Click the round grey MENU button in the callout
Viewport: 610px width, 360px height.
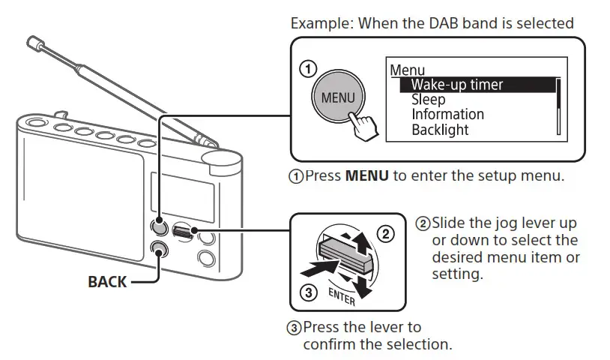pos(337,98)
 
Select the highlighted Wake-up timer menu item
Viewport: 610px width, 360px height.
pos(456,85)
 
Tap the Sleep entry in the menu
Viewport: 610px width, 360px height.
pos(428,100)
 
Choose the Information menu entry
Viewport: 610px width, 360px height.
pos(447,115)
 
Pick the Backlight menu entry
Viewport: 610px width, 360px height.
pos(440,130)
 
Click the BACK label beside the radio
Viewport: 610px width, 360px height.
pos(108,282)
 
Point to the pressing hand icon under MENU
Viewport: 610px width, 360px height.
pos(366,124)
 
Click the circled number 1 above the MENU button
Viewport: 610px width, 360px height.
pos(307,69)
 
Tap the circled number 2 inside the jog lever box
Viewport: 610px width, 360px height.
pos(384,234)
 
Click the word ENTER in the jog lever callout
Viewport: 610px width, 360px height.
pos(343,298)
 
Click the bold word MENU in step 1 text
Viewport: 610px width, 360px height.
pos(366,177)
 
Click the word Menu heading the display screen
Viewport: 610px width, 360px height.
pos(408,70)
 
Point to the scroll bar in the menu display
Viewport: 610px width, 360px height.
pos(558,106)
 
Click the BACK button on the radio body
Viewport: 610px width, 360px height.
pos(158,250)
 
